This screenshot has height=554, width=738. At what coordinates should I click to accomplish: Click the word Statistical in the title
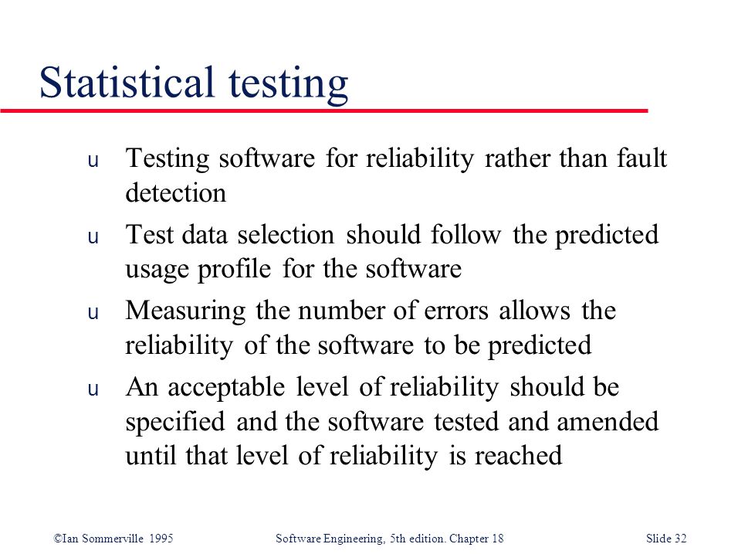tap(127, 82)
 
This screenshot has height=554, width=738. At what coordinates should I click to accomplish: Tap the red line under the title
tap(324, 110)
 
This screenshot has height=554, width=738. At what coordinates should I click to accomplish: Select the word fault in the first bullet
tap(642, 158)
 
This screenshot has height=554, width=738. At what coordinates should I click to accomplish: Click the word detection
tap(175, 192)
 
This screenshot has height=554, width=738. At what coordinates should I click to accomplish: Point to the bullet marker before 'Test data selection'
tap(93, 237)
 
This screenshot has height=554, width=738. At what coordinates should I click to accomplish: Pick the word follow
tap(465, 234)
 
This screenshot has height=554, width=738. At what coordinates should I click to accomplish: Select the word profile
tap(234, 269)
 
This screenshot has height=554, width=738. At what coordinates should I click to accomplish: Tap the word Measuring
tap(185, 311)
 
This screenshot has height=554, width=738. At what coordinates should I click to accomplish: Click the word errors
tap(456, 311)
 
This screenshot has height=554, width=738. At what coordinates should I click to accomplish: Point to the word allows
tap(534, 311)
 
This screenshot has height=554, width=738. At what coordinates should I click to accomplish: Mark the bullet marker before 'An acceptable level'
tap(93, 389)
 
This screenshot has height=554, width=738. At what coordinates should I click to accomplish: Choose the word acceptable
tap(226, 388)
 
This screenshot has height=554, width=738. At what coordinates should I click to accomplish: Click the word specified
tap(174, 422)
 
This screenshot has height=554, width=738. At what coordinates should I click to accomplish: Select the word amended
tap(608, 420)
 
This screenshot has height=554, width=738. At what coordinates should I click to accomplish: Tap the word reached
tap(518, 455)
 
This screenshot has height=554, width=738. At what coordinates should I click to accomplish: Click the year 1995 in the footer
tap(161, 538)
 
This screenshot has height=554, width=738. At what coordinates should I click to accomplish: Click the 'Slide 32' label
tap(666, 538)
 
